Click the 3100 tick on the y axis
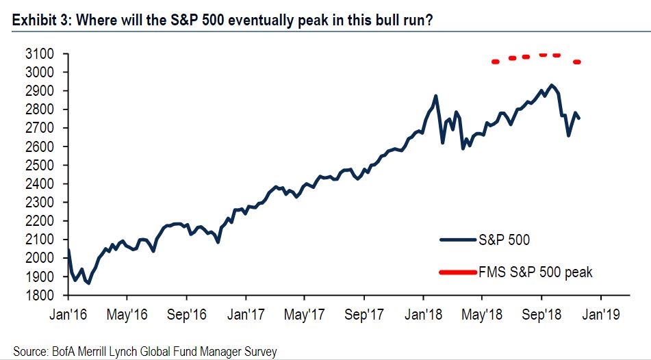point(40,53)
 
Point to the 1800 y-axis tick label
point(40,295)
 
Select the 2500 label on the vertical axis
point(40,165)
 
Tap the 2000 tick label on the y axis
point(40,258)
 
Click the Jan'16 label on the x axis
point(68,316)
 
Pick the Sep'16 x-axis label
point(186,316)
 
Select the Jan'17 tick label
point(246,316)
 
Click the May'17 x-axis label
point(305,316)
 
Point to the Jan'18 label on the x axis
point(423,316)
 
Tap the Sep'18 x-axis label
point(541,316)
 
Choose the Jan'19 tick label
point(601,316)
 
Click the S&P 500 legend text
point(505,240)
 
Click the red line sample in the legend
point(457,272)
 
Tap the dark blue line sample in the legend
point(457,240)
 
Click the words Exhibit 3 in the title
point(41,21)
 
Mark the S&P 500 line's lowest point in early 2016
point(88,283)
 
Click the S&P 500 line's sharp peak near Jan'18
point(436,96)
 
